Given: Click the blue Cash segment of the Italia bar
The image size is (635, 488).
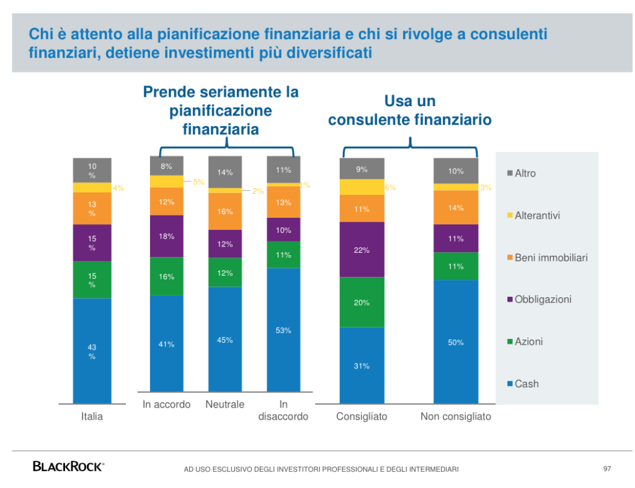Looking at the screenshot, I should pos(92,351).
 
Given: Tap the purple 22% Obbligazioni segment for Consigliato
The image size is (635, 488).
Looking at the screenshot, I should pos(362,250).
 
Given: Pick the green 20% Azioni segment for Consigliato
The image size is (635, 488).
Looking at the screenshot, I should pos(362,302).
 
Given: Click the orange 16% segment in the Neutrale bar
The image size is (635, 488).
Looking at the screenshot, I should pos(225,211).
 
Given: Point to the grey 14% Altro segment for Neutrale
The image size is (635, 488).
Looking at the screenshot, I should pos(225,173).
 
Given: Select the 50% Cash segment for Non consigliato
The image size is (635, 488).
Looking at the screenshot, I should pos(456,341).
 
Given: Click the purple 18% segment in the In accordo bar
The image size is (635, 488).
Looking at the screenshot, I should pos(167,236).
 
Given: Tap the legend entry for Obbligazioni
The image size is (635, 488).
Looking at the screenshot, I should pos(543,299).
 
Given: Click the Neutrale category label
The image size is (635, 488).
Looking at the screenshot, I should pos(225,404).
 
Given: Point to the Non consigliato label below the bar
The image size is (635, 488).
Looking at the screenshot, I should pos(456,416).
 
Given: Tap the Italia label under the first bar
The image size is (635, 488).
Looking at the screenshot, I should pos(92,416).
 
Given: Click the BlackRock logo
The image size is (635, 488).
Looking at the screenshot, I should pos(68,466).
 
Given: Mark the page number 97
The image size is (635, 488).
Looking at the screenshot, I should pos(607,468).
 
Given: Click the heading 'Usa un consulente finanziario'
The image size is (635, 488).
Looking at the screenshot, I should pos(410,110).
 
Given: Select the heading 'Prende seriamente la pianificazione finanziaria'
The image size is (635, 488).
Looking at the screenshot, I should pos(221,111).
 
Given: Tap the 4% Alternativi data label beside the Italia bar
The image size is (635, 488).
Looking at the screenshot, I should pos(118,188).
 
